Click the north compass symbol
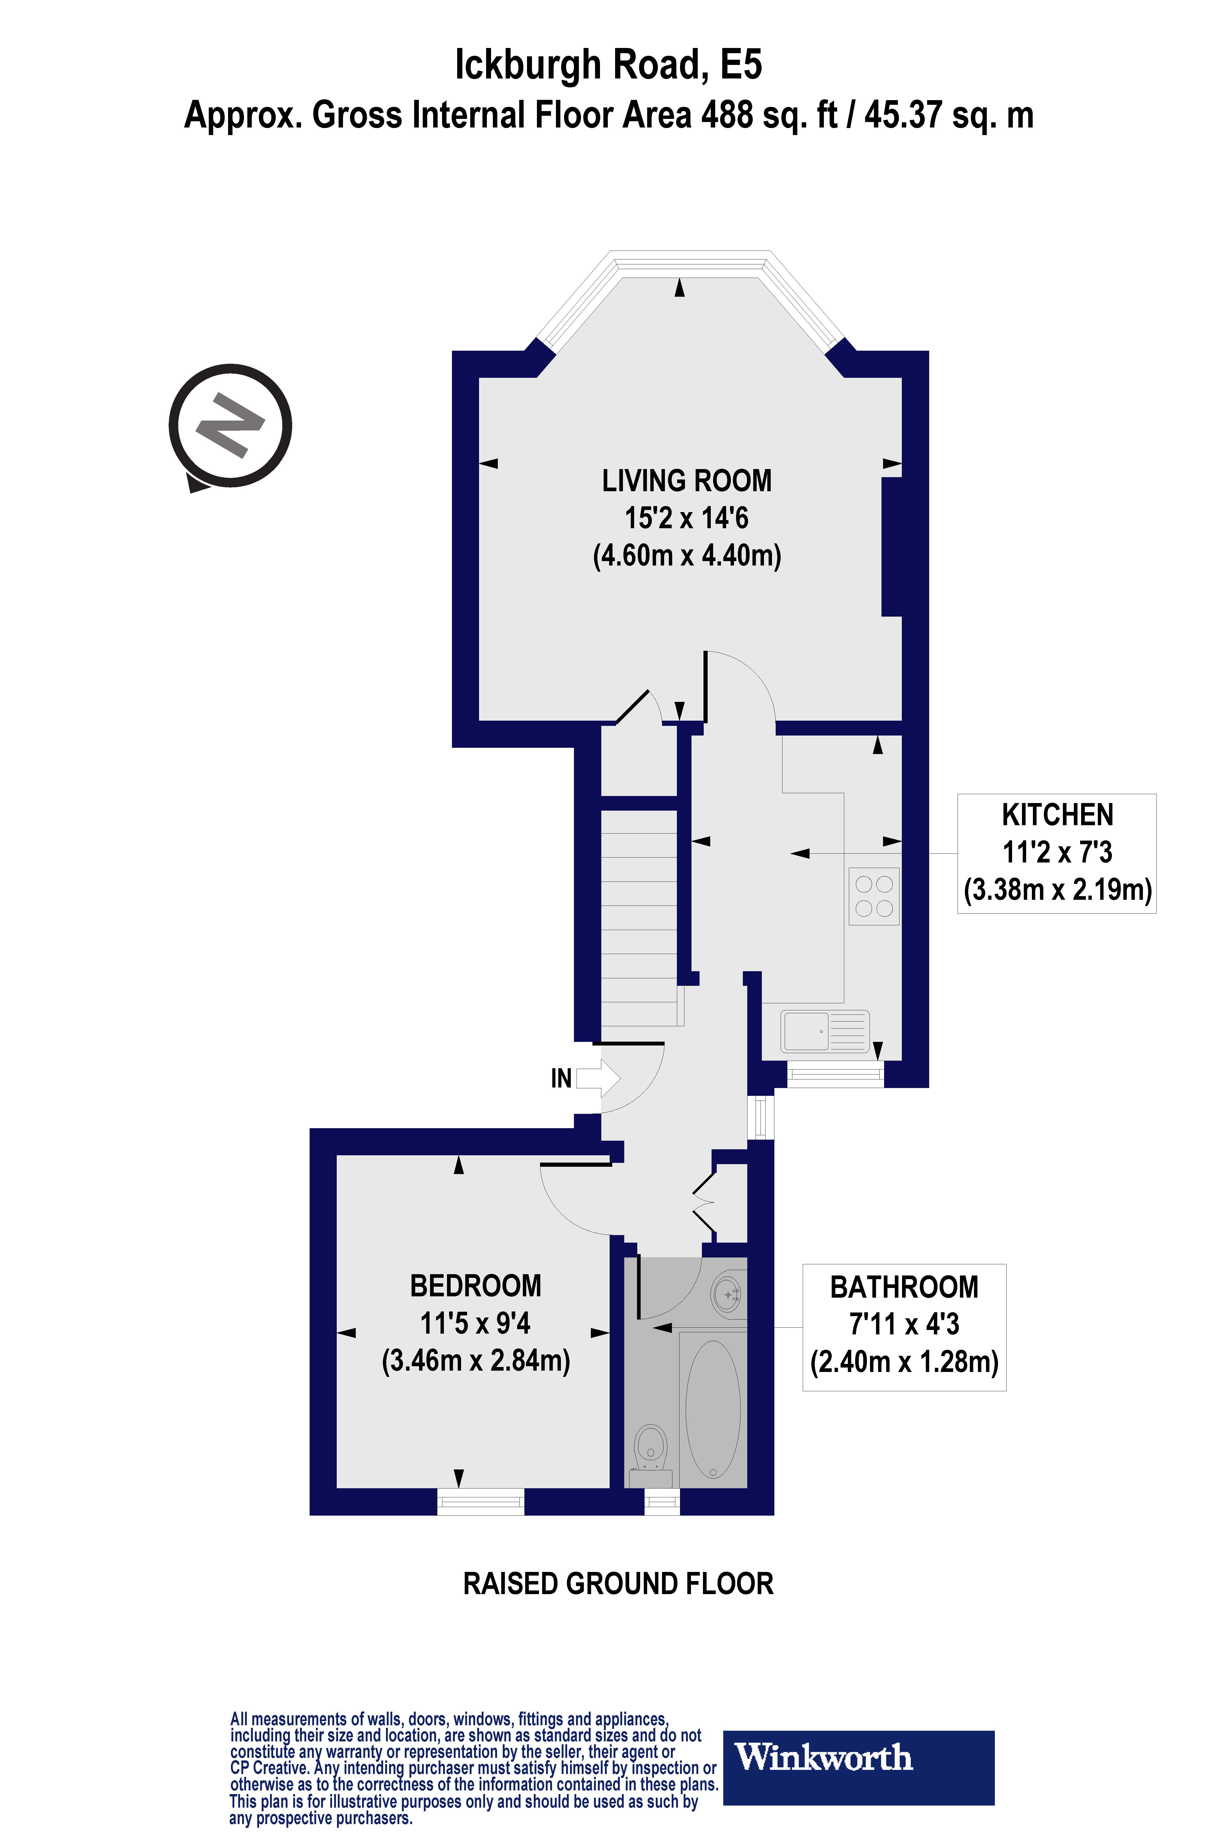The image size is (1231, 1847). pos(230,426)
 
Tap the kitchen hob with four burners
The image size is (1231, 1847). pos(874,896)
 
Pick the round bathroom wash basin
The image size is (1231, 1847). pos(728,1293)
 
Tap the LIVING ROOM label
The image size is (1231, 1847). pos(686,481)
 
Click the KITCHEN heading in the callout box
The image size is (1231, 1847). pos(1057,815)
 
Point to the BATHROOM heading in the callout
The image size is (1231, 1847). pos(904,1287)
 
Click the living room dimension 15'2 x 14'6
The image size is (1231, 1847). pos(686,518)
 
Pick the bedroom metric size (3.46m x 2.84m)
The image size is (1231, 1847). pos(476,1360)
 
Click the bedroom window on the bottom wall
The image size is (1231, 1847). pos(480,1502)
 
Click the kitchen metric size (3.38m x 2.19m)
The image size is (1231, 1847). pos(1057,890)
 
